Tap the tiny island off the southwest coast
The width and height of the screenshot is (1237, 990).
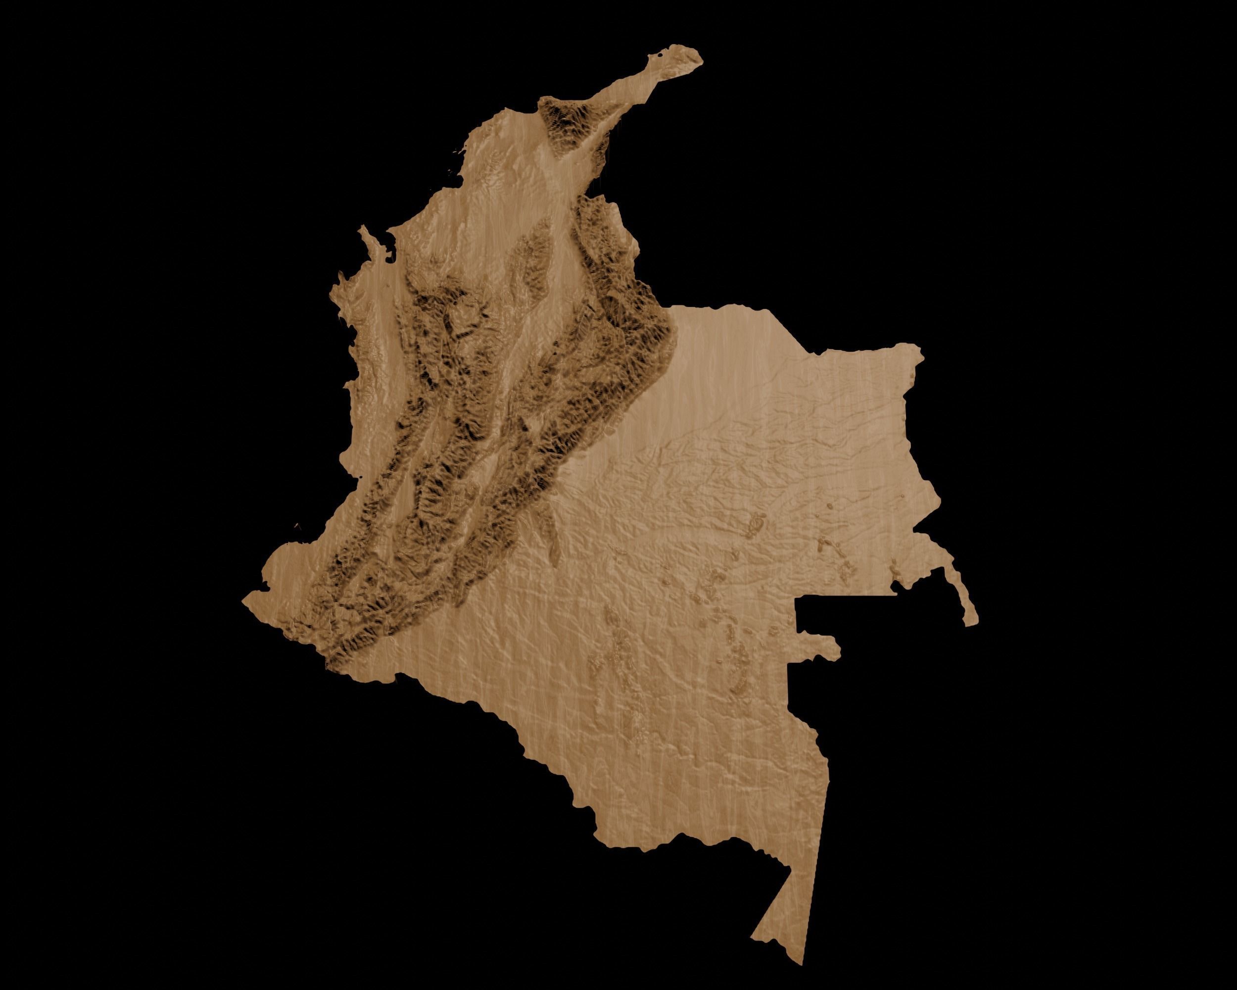pos(296,525)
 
